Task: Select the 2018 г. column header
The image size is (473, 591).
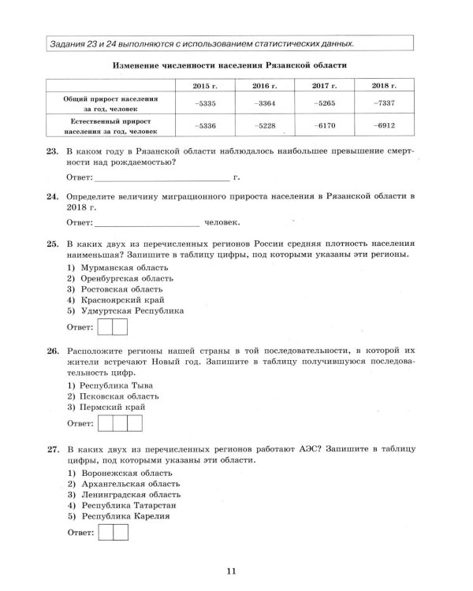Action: click(x=381, y=84)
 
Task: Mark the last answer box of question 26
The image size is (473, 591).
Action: click(x=135, y=424)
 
